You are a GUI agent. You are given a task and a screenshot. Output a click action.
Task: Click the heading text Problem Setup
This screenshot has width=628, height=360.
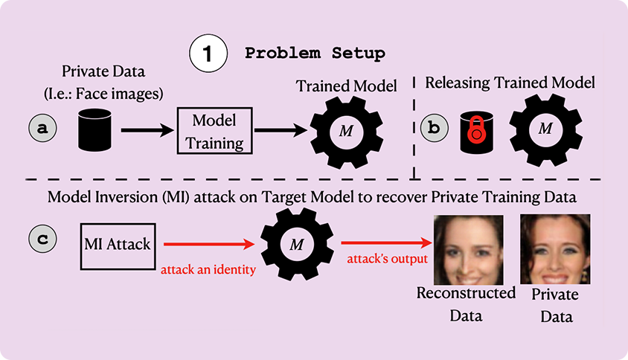click(x=315, y=54)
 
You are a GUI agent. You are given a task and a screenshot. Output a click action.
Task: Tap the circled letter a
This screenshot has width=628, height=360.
click(x=43, y=128)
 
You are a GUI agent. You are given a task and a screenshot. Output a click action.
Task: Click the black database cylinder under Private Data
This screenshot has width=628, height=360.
click(x=94, y=131)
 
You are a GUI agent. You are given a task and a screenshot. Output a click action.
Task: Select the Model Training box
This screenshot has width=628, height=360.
click(x=214, y=130)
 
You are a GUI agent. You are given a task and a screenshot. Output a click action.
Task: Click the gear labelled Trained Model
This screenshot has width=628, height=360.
click(x=345, y=131)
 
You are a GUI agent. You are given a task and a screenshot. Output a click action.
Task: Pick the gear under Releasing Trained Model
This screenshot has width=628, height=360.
click(x=545, y=129)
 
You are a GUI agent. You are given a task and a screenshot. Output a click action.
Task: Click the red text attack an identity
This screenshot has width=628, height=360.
click(x=208, y=269)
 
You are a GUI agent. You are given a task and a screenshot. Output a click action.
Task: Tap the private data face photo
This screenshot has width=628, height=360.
click(x=555, y=248)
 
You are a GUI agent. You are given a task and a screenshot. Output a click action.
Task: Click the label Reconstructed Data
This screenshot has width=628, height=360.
click(x=466, y=303)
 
